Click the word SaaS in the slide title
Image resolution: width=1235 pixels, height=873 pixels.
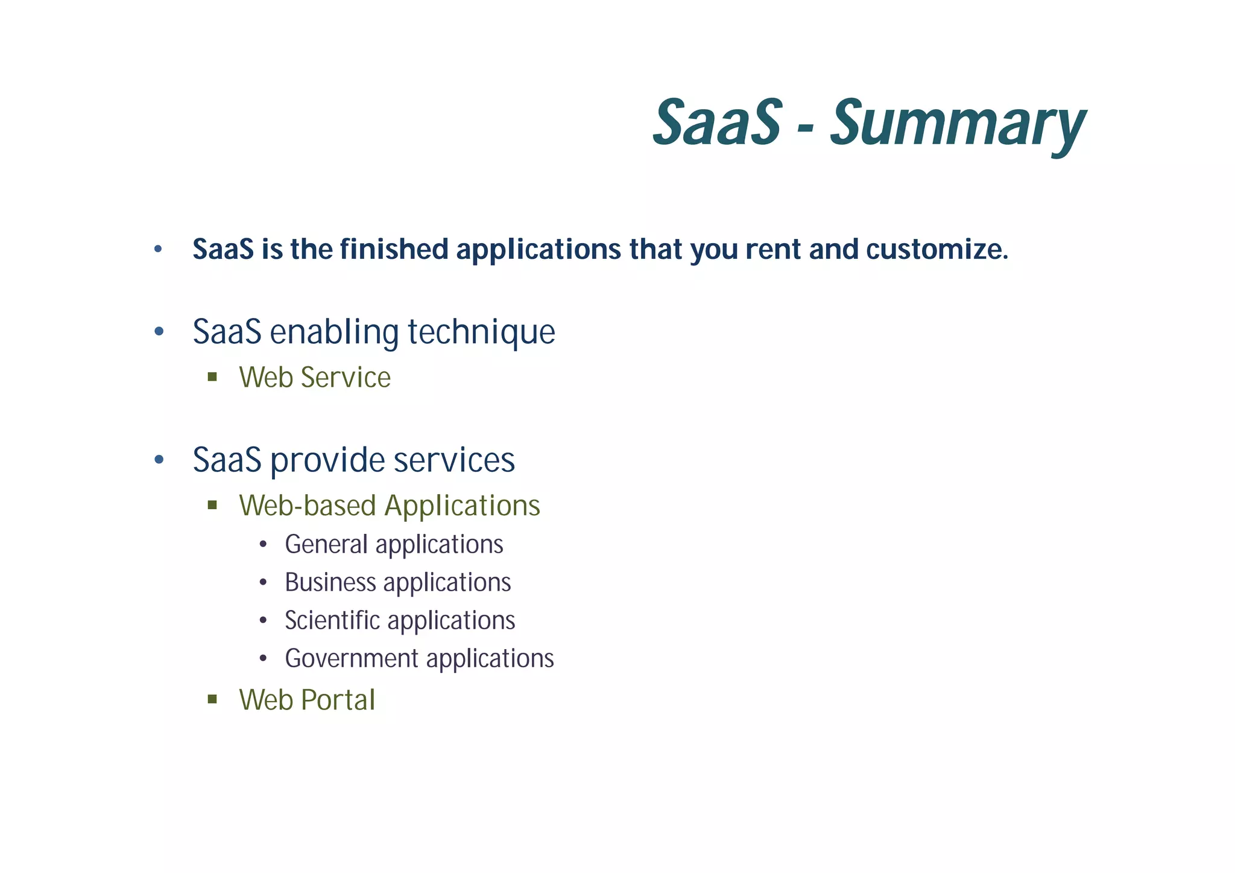pos(717,124)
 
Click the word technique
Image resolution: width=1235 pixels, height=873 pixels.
pos(481,332)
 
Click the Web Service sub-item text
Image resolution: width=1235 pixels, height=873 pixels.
pos(315,378)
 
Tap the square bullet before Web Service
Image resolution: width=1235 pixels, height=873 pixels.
pos(212,378)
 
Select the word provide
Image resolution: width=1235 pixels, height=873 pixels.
pos(327,461)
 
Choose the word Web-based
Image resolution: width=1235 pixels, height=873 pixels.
pos(307,506)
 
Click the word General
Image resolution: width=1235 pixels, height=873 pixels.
pos(326,545)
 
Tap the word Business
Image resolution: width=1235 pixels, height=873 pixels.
pos(330,583)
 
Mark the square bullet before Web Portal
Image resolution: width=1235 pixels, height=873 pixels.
pos(212,700)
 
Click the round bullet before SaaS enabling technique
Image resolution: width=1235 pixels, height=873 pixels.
pos(159,332)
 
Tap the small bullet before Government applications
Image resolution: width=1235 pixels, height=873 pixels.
pos(263,659)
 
